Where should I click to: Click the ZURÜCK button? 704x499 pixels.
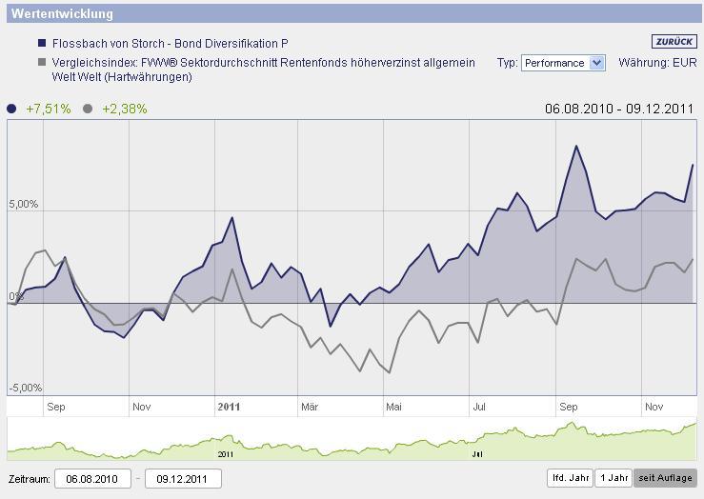[x=674, y=42]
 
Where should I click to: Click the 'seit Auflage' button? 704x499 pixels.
[x=665, y=478]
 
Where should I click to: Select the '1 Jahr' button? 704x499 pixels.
[x=613, y=478]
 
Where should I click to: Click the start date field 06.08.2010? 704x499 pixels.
[x=92, y=478]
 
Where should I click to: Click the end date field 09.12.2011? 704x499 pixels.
[x=182, y=478]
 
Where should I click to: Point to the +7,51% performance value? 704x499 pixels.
[x=49, y=109]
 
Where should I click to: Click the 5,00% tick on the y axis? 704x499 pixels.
[x=24, y=205]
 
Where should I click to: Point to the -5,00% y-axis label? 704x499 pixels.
[x=24, y=389]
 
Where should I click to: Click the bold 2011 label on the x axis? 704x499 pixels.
[x=229, y=407]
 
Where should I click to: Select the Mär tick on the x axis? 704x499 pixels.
[x=310, y=407]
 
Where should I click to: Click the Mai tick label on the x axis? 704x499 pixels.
[x=393, y=407]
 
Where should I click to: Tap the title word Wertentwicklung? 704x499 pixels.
[x=64, y=14]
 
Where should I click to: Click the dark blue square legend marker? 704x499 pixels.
[x=42, y=44]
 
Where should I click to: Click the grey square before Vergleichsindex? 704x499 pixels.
[x=42, y=63]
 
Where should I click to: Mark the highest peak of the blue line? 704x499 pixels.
[x=576, y=146]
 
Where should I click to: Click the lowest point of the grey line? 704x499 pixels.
[x=391, y=372]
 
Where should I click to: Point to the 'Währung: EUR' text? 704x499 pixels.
[x=657, y=63]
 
